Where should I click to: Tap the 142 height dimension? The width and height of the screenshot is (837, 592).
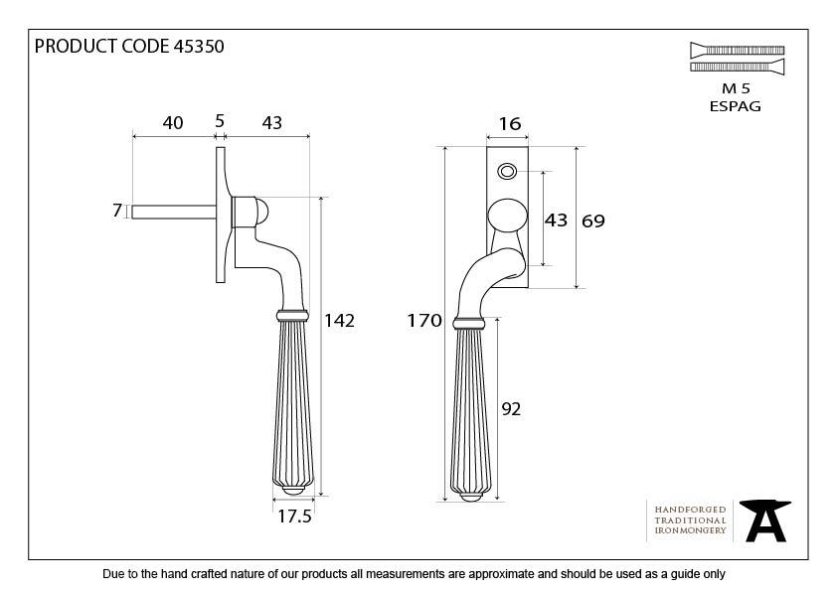tap(339, 320)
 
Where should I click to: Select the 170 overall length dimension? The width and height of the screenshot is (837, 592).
tap(422, 320)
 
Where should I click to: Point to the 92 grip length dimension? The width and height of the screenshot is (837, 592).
tap(512, 408)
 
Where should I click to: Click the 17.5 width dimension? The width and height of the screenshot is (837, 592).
tap(294, 517)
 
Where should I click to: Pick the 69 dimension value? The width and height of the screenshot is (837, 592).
tap(592, 221)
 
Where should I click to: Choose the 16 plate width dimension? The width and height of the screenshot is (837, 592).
tap(508, 124)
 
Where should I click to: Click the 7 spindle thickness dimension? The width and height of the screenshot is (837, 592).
tap(117, 211)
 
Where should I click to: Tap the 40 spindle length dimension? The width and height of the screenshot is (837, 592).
tap(173, 123)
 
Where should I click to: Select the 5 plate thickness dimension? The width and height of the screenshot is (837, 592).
tap(220, 121)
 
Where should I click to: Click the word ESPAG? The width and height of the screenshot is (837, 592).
tap(736, 106)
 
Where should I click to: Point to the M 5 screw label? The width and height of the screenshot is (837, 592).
tap(736, 89)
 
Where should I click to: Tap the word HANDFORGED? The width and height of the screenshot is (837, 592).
tap(690, 509)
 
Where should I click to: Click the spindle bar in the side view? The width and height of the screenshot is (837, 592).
tap(173, 211)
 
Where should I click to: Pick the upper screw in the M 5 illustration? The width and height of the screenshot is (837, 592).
tap(736, 50)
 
